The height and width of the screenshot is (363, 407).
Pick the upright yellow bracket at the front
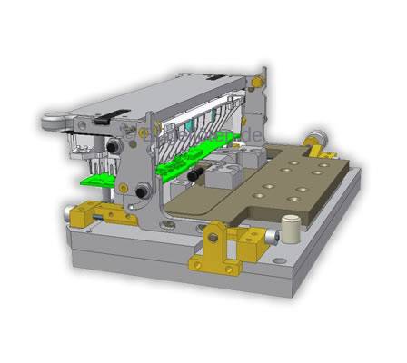[213, 245]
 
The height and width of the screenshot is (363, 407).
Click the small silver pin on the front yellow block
[268, 239]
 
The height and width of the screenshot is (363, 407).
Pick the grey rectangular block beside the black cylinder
[218, 177]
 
